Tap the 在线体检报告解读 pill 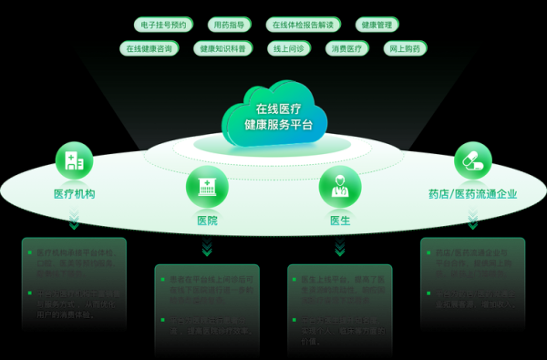[x=304, y=25]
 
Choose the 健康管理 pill [x=377, y=25]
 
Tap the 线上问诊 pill [x=291, y=48]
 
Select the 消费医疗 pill [x=347, y=48]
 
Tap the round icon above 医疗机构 [x=74, y=160]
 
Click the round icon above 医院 [x=207, y=185]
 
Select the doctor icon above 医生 [x=339, y=185]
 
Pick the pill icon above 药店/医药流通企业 [x=472, y=160]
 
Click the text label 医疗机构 [x=74, y=194]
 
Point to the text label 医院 [x=207, y=221]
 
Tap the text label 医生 [x=339, y=221]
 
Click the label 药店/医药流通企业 [x=472, y=194]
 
